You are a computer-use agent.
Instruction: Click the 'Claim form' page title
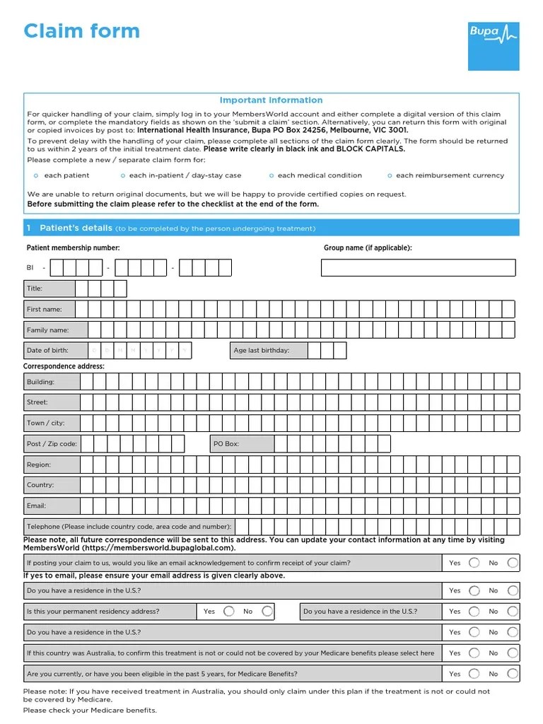[82, 31]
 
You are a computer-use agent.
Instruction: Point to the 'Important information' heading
[271, 100]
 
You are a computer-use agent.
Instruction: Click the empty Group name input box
[418, 268]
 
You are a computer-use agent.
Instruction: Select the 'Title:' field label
[35, 288]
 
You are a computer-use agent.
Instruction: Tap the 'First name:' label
[44, 309]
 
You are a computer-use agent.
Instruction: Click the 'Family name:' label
[47, 330]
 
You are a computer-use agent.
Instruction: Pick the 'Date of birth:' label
[47, 351]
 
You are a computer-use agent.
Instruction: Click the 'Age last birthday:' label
[262, 351]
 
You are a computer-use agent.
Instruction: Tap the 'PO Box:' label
[226, 444]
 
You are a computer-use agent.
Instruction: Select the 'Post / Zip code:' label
[52, 444]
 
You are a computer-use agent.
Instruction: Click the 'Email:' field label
[36, 506]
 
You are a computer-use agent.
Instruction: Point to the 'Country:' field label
[40, 485]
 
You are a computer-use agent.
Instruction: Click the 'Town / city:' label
[46, 423]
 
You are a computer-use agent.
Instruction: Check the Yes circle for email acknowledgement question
[474, 563]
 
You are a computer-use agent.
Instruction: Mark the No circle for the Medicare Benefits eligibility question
[513, 674]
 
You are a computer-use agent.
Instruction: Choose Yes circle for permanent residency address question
[228, 612]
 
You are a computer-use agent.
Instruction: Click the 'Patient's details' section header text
[76, 228]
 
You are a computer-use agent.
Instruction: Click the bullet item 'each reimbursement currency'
[450, 175]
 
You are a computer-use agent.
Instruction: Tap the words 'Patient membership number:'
[73, 248]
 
